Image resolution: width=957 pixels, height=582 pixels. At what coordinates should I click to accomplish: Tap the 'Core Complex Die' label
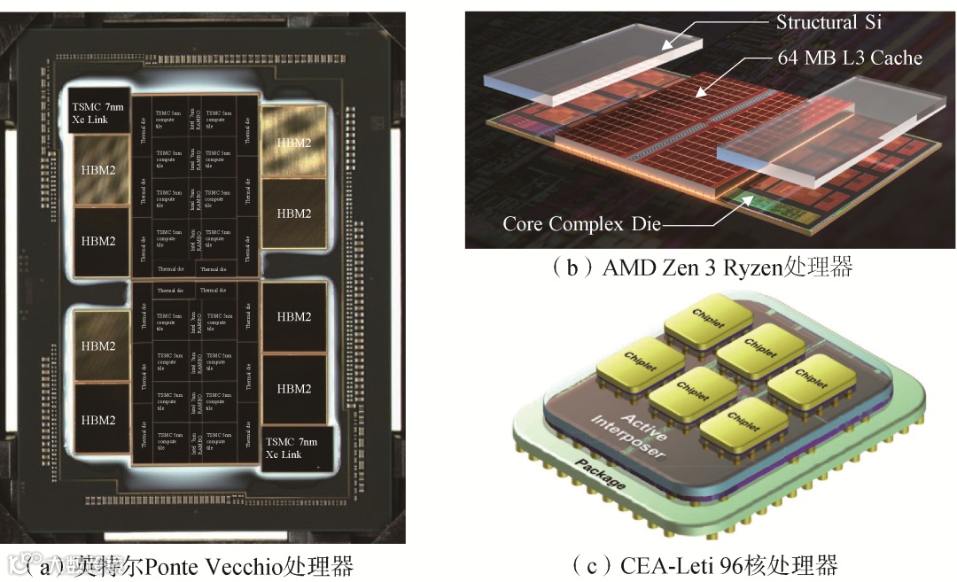click(x=581, y=223)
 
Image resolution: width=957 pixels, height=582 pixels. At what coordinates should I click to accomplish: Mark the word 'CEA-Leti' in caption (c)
click(x=650, y=564)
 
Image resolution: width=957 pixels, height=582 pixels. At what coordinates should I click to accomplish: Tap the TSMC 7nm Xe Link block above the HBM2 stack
click(x=100, y=113)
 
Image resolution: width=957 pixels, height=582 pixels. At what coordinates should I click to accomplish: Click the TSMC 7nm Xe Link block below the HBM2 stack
click(x=296, y=447)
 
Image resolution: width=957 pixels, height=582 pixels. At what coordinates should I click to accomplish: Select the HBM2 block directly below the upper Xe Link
click(x=99, y=169)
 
